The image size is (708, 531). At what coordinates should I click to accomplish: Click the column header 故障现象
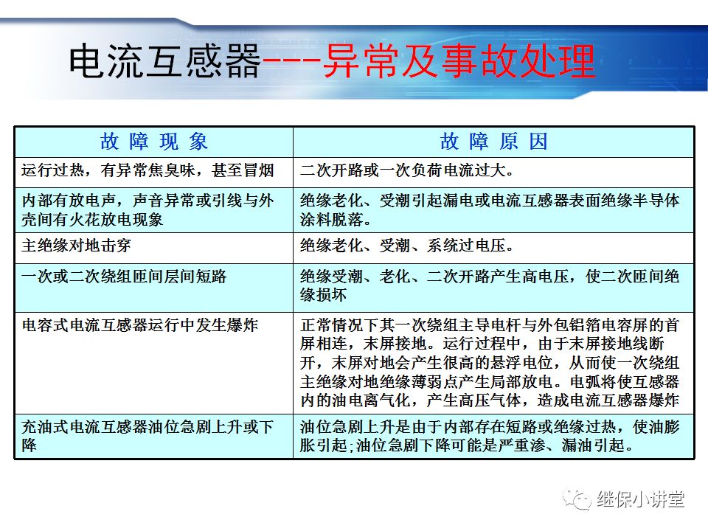(154, 142)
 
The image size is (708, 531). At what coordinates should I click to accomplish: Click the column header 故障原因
(493, 142)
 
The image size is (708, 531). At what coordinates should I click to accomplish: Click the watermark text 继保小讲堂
(641, 499)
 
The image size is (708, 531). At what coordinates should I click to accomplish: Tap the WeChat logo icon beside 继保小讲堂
(577, 499)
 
